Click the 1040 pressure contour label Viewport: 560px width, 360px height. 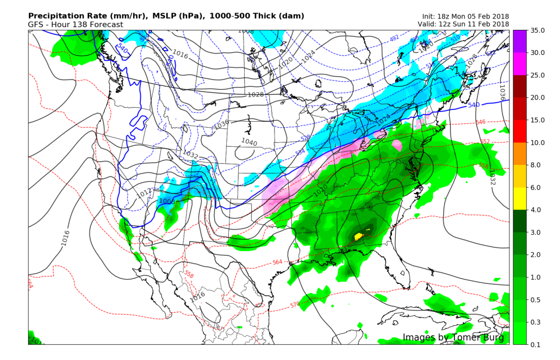pos(249,142)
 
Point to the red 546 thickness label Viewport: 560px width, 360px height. pos(480,122)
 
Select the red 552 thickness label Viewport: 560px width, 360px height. pos(484,142)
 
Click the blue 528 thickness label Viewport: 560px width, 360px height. pos(304,139)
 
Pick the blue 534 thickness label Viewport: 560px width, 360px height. pos(300,152)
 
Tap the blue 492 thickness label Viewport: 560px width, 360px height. pos(394,38)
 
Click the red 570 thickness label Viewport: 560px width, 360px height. pos(295,305)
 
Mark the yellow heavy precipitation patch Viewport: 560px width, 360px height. pos(359,236)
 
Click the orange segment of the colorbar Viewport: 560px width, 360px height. pos(519,154)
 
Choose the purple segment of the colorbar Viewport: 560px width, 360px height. pos(519,41)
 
